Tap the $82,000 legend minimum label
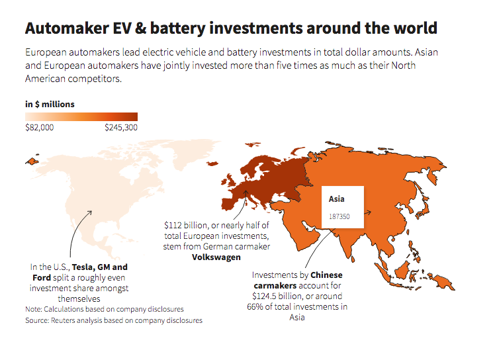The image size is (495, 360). (39, 127)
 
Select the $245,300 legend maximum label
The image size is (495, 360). (121, 127)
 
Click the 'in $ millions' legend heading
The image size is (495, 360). (50, 104)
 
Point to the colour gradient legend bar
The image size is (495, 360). (81, 116)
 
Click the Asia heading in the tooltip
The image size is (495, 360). (337, 198)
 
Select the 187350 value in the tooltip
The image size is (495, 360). (339, 216)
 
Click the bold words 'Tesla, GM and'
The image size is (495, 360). (100, 267)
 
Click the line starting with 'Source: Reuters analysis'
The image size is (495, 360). (113, 320)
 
